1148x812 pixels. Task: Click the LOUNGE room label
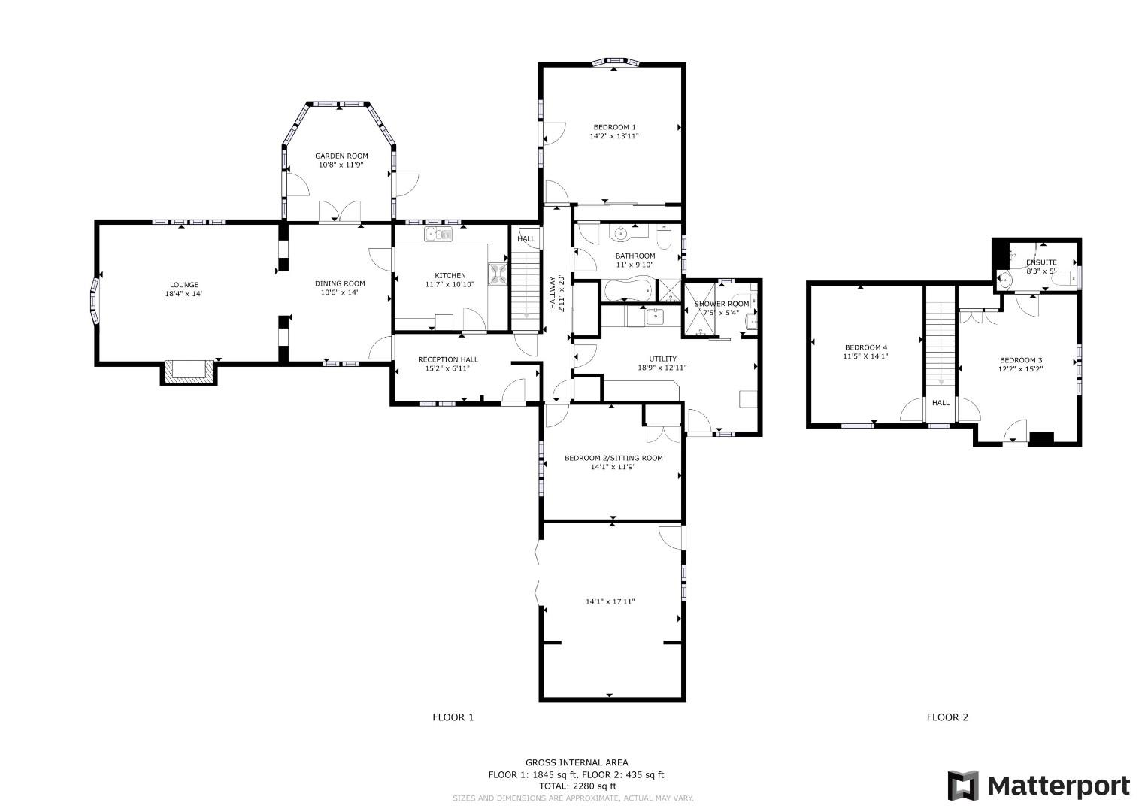(184, 285)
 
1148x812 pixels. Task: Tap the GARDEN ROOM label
(341, 156)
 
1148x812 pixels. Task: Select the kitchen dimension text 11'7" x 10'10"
(450, 284)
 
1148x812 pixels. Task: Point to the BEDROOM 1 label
(614, 127)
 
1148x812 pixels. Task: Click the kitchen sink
(439, 235)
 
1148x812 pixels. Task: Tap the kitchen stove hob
(498, 273)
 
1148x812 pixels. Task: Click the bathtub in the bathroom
(629, 289)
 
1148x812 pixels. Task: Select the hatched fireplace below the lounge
(189, 371)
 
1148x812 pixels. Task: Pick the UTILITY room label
(662, 359)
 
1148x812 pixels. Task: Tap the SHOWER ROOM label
(722, 304)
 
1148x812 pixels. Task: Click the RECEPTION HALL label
(448, 360)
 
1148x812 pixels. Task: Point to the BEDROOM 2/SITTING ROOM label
(613, 458)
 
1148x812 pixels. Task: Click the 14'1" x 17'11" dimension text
(610, 601)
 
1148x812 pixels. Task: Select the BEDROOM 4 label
(866, 347)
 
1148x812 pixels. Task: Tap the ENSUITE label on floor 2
(1041, 262)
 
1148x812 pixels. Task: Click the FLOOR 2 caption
(947, 717)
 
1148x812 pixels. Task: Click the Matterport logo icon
(963, 786)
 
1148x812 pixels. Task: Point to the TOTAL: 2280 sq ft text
(577, 786)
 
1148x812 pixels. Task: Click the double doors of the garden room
(339, 211)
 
